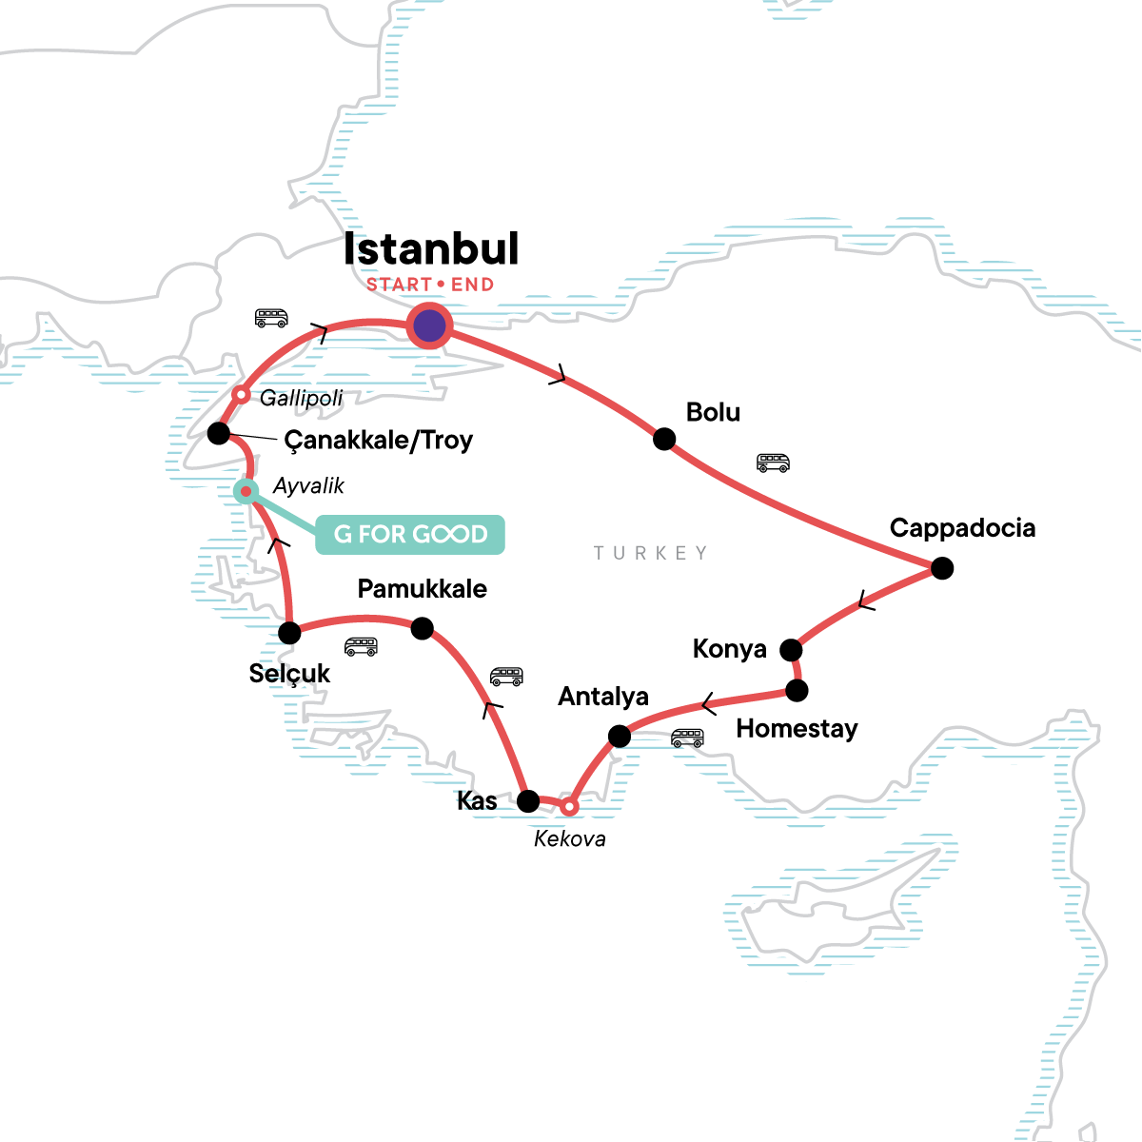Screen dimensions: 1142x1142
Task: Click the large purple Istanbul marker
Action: [429, 325]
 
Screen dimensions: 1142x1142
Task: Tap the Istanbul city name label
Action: [430, 249]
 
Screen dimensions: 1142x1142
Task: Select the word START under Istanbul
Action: [399, 285]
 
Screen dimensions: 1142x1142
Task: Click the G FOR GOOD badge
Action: [410, 534]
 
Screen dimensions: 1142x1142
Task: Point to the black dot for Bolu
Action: [664, 439]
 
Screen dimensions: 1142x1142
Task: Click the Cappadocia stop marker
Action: [941, 568]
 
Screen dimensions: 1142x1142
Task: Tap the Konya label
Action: [729, 649]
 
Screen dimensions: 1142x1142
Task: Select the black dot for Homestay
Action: [797, 690]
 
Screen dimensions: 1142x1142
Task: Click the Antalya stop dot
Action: [619, 736]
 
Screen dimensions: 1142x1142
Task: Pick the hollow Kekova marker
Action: [568, 807]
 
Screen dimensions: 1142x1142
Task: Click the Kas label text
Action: [477, 801]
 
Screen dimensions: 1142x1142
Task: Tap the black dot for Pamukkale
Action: [422, 628]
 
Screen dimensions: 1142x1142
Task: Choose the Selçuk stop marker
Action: [289, 633]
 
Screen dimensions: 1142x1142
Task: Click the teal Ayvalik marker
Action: [246, 491]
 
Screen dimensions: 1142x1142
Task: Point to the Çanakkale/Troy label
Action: [378, 441]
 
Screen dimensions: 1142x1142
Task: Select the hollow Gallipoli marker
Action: [242, 394]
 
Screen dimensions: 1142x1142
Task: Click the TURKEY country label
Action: [650, 553]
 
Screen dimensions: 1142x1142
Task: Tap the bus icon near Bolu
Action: [773, 463]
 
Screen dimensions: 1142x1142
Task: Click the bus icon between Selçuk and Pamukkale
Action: [361, 647]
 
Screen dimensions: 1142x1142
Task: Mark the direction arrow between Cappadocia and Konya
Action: [864, 601]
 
